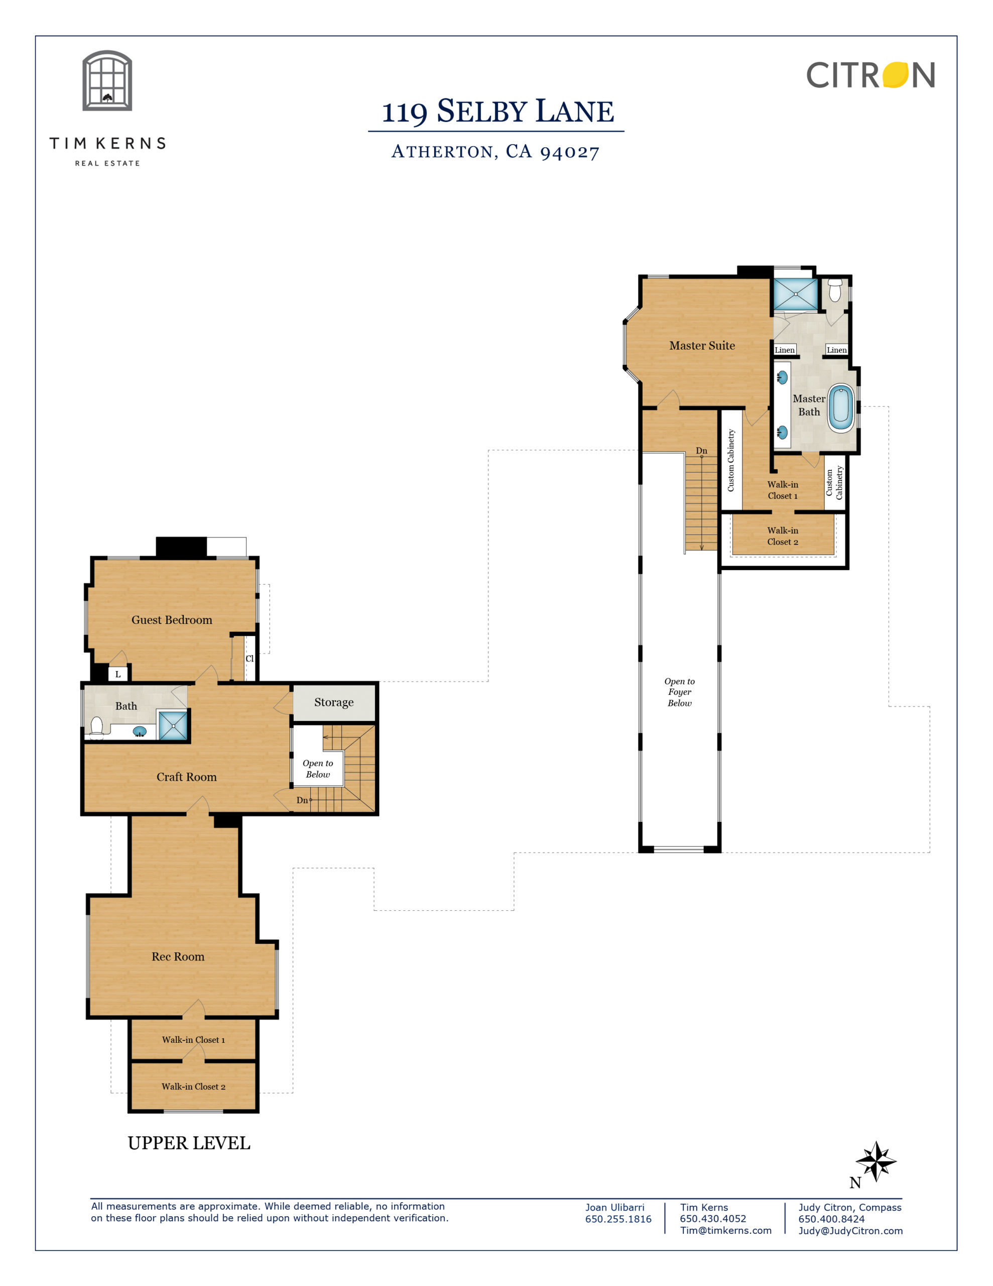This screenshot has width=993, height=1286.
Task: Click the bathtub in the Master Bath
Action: click(840, 408)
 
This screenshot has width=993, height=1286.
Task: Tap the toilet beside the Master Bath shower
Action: click(835, 289)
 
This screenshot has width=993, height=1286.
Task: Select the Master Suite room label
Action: click(702, 346)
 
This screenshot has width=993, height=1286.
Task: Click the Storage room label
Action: click(334, 702)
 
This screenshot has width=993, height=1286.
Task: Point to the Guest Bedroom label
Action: click(172, 619)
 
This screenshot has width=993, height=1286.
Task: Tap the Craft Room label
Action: click(187, 777)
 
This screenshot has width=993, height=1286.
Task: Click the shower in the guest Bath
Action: click(173, 725)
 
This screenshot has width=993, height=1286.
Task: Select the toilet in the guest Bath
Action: click(96, 727)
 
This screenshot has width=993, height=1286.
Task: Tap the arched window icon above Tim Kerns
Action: click(107, 81)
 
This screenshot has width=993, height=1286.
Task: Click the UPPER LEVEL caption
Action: click(189, 1143)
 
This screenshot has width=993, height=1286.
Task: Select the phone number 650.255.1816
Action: click(618, 1219)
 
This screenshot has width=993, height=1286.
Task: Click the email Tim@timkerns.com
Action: click(726, 1230)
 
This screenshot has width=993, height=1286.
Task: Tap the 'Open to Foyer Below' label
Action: click(679, 692)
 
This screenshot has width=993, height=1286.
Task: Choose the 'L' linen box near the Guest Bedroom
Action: click(117, 674)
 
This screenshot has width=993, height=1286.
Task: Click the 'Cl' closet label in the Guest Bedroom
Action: click(250, 658)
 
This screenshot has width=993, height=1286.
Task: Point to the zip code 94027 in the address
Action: click(570, 153)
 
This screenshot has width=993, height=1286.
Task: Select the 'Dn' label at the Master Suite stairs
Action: click(702, 451)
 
